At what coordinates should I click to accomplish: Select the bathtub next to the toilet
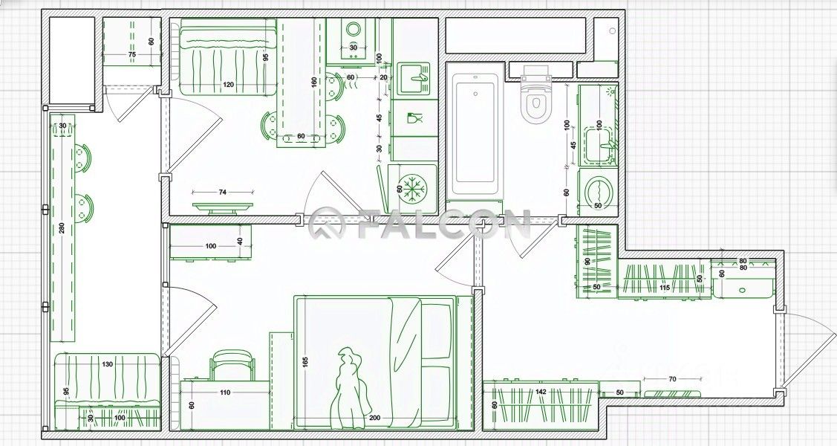point(475,134)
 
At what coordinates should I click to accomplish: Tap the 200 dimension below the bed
point(374,418)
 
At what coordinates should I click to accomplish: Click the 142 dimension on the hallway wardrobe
point(541,392)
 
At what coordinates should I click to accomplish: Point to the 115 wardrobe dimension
point(664,288)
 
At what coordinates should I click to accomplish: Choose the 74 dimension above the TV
point(222,193)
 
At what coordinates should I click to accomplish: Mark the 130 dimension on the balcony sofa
point(108,364)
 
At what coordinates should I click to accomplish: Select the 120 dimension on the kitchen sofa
point(228,85)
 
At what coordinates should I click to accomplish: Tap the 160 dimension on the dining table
point(315,81)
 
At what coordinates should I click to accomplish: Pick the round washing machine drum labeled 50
point(596,191)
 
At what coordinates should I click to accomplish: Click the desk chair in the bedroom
point(232,364)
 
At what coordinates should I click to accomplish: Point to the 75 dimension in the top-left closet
point(131,55)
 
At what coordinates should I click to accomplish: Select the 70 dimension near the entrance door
point(672,380)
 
